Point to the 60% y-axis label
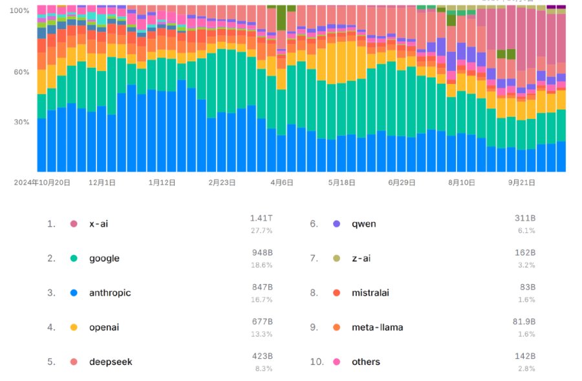pos(21,72)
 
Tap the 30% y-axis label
pos(21,122)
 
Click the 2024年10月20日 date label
pos(43,183)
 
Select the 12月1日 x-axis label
pos(102,183)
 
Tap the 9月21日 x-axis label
pos(521,183)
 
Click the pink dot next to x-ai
pos(74,224)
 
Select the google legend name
pos(104,258)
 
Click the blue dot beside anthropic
pos(74,293)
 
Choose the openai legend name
pos(104,327)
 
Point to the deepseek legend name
pos(111,362)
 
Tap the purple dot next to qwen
pos(336,224)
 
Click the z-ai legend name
pos(361,258)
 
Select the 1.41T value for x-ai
pos(261,218)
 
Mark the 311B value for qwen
pos(525,218)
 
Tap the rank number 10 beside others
pos(316,362)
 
